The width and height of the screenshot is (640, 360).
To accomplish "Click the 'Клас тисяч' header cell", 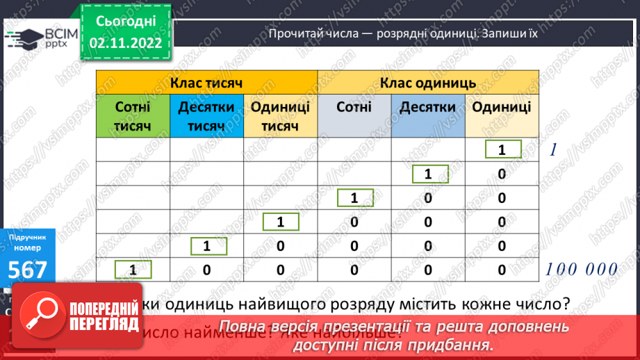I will pos(206,83).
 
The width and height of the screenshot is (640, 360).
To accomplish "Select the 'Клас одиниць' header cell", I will pos(428,83).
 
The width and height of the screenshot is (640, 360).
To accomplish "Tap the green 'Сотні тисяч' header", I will pos(133,116).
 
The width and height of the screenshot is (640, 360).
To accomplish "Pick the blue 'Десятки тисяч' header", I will pos(206,116).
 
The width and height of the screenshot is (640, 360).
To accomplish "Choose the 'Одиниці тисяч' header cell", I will pos(280,116).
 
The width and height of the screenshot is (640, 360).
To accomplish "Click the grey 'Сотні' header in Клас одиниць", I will pos(354,107).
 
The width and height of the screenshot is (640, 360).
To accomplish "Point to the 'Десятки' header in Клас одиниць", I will pos(428,107).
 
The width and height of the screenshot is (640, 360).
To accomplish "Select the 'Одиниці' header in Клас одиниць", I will pos(502,107).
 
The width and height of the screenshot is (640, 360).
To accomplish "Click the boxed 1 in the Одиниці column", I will pos(502,150).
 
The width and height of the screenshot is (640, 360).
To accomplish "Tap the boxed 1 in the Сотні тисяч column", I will pos(133,269).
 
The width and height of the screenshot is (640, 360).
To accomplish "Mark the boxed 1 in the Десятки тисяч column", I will pos(206,246).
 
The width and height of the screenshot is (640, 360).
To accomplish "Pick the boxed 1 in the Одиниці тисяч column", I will pos(280,222).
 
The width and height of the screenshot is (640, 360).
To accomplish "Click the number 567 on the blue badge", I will pos(28,270).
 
